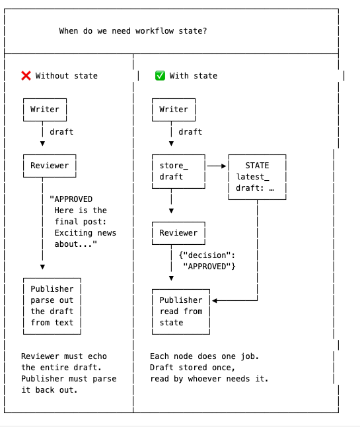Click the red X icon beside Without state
(x=26, y=76)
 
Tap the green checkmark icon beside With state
(x=160, y=76)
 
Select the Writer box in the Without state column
(x=45, y=110)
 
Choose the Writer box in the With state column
(x=174, y=110)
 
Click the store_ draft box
(x=178, y=172)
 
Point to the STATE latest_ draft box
(x=257, y=177)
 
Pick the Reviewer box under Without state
(x=50, y=166)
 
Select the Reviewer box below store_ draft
(x=178, y=233)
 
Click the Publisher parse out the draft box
(x=52, y=306)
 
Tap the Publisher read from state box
(x=181, y=312)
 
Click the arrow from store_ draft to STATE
(x=217, y=166)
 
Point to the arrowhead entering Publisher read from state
(x=215, y=301)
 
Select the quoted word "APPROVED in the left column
(x=71, y=199)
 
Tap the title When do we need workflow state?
(x=133, y=31)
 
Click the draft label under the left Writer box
(x=61, y=132)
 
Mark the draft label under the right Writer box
(x=190, y=132)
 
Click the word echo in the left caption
(x=97, y=356)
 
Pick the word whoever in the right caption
(x=205, y=379)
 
